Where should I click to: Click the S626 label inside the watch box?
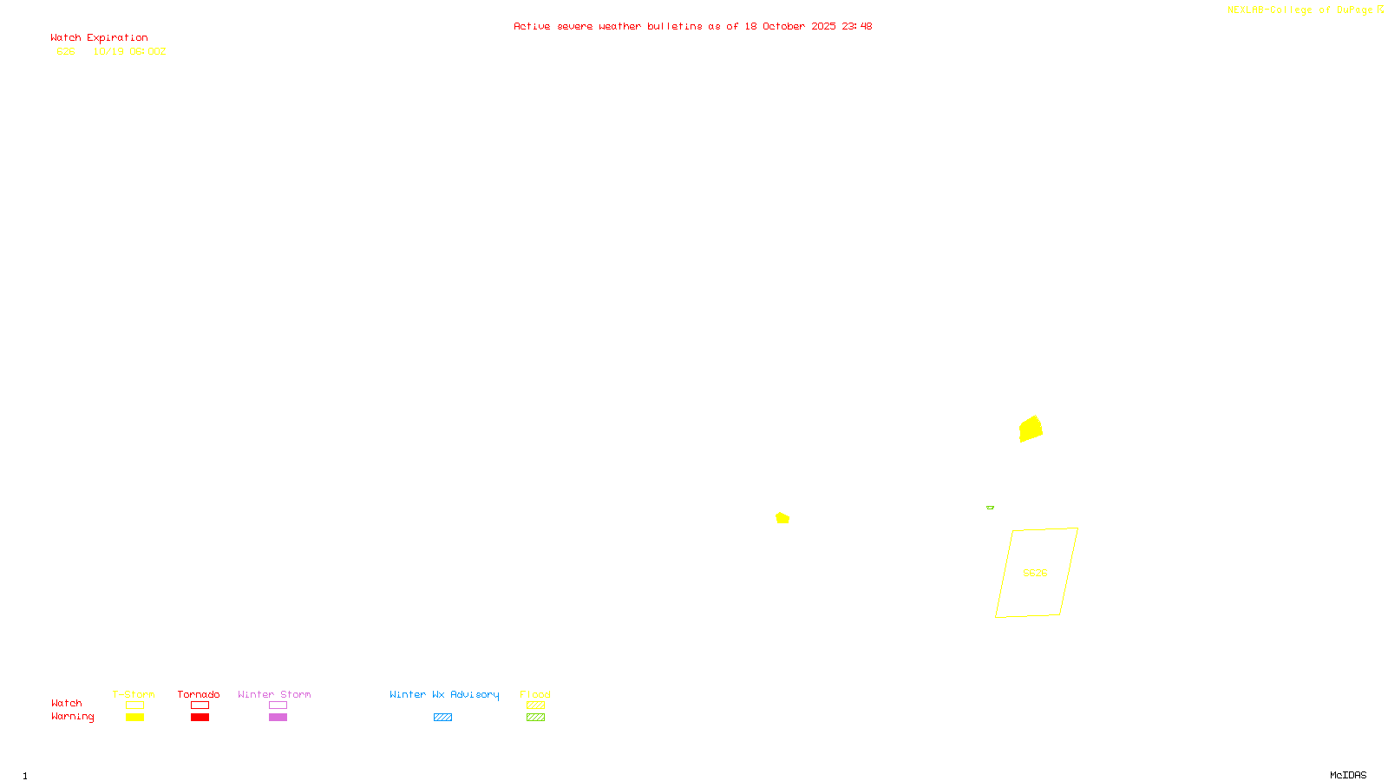[1035, 573]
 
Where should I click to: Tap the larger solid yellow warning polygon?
[1031, 429]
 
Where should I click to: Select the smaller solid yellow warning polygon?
[782, 518]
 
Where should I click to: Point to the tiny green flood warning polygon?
[990, 508]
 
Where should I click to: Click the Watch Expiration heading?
[99, 38]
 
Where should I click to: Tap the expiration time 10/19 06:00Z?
[129, 52]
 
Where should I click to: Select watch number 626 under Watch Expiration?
[66, 52]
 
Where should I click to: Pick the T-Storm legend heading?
[134, 694]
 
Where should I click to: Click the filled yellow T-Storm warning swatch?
[134, 718]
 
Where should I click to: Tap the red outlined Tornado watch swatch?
[200, 706]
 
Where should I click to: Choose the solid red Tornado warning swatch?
[200, 718]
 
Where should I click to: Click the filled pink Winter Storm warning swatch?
[278, 718]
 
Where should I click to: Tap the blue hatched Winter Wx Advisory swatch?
[442, 718]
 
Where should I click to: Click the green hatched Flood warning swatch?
[535, 718]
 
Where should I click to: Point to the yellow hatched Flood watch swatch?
[535, 706]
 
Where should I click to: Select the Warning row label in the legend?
[72, 717]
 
